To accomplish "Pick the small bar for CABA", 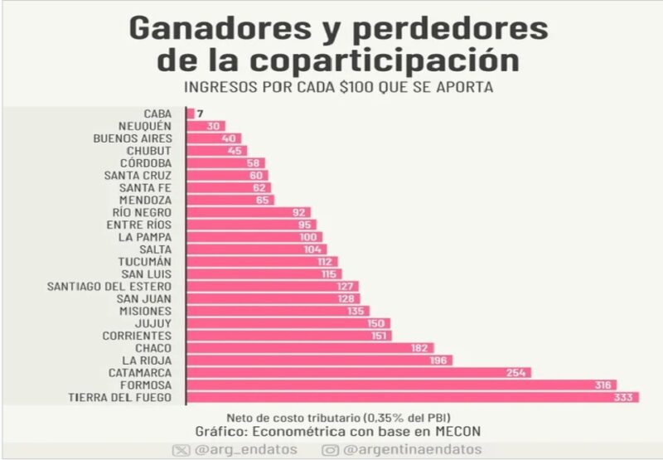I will click(x=191, y=113).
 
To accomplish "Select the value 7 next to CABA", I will click(x=200, y=113).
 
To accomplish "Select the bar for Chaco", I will click(x=308, y=348).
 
